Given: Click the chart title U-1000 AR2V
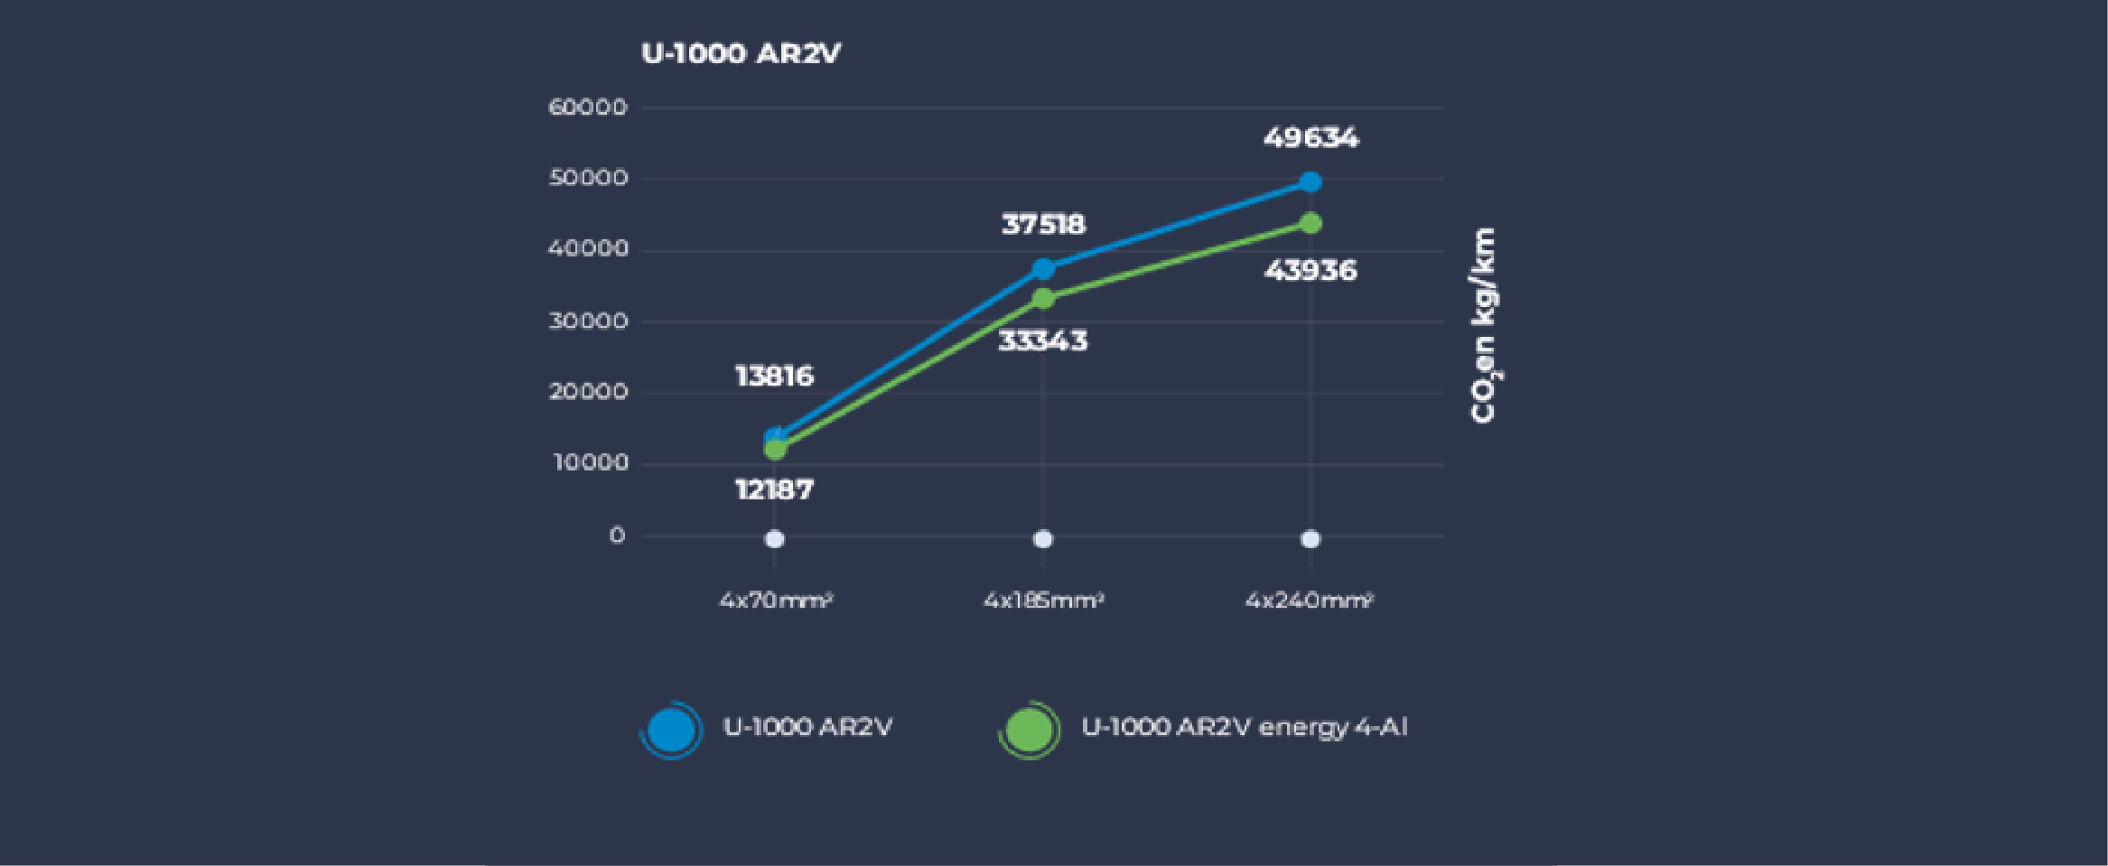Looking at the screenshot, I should pyautogui.click(x=741, y=53).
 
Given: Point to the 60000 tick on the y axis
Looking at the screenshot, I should pyautogui.click(x=587, y=107).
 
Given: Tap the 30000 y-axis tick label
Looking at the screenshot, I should pyautogui.click(x=587, y=321).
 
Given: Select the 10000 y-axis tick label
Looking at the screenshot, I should pyautogui.click(x=590, y=463).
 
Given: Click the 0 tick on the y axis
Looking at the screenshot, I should pyautogui.click(x=617, y=535).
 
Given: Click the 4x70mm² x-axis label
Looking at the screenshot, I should pyautogui.click(x=775, y=600).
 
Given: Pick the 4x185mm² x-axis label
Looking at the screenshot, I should pyautogui.click(x=1043, y=600).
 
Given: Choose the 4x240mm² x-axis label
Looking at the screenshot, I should pyautogui.click(x=1310, y=600).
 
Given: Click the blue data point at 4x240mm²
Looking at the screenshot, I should pyautogui.click(x=1311, y=182).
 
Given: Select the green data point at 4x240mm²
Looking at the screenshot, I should pyautogui.click(x=1311, y=223).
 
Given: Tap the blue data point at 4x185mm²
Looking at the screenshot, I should pyautogui.click(x=1043, y=269).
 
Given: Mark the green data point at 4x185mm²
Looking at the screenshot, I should pyautogui.click(x=1043, y=299).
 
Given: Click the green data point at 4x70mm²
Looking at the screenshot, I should pyautogui.click(x=775, y=449).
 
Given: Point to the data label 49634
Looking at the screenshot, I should pyautogui.click(x=1311, y=138).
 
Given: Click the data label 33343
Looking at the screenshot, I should pyautogui.click(x=1043, y=341).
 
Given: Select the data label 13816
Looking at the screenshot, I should pyautogui.click(x=774, y=376).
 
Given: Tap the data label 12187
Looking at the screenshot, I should pyautogui.click(x=774, y=489).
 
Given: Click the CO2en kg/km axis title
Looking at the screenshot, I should pyautogui.click(x=1483, y=325).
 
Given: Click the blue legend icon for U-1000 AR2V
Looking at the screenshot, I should pyautogui.click(x=670, y=730).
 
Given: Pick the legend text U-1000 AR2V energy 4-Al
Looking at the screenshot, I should pyautogui.click(x=1244, y=728).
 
